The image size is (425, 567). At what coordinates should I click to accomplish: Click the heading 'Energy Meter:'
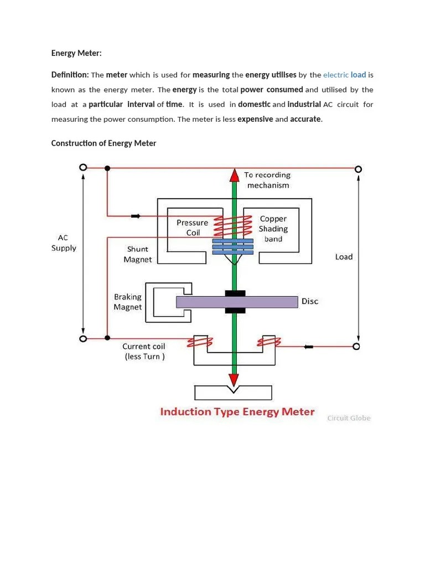coord(76,53)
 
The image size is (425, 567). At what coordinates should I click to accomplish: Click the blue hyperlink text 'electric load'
coord(344,75)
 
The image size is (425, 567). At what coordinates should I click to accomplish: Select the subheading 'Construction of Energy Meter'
coord(103,143)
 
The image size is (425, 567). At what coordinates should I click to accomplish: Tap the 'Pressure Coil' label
coord(193,228)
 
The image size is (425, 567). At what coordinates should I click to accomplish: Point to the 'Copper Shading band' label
coord(273,229)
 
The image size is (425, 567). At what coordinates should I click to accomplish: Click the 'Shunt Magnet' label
coord(138,254)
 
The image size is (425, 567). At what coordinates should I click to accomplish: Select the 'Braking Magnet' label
coord(128,302)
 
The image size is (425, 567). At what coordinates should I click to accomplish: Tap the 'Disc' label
coord(310,302)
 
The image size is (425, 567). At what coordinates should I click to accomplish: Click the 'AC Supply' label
coord(64,243)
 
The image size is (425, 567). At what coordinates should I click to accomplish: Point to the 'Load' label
coord(344,257)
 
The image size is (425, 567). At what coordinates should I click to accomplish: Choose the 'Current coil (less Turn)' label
coord(144,352)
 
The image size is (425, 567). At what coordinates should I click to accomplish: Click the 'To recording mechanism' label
coord(268,180)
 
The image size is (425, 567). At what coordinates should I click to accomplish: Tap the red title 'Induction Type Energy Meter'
coord(237,411)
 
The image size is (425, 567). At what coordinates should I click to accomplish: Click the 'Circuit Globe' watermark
coord(349,418)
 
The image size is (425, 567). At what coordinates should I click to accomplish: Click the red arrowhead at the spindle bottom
coord(234,379)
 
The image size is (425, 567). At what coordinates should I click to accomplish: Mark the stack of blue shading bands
coord(233,247)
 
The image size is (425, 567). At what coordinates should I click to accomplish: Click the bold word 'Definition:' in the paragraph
coord(70,75)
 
